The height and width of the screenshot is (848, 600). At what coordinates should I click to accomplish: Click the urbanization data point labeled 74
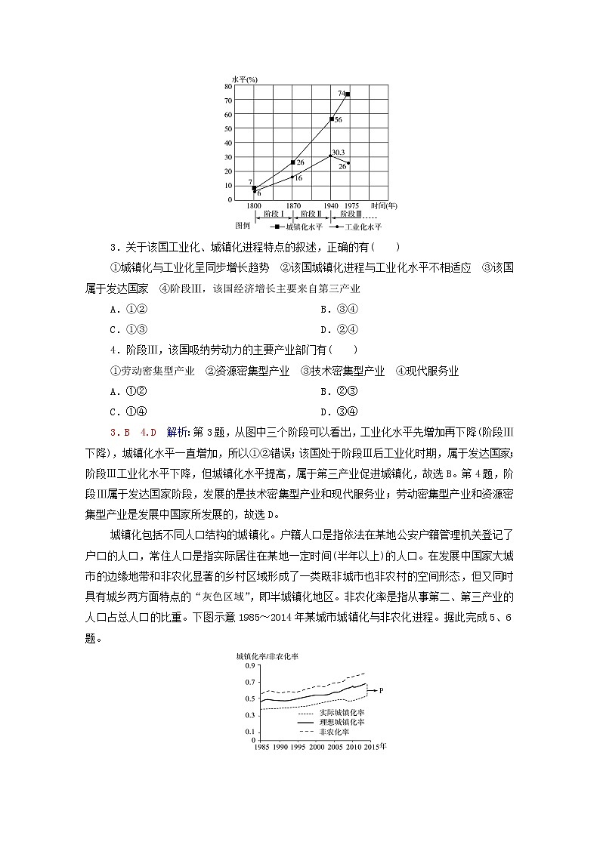(x=347, y=94)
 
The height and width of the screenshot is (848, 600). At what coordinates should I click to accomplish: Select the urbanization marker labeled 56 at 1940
(x=332, y=119)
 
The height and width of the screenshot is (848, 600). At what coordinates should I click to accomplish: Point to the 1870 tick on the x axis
(x=292, y=205)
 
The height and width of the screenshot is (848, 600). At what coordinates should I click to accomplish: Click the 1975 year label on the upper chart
(x=351, y=205)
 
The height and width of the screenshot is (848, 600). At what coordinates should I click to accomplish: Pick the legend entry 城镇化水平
(x=302, y=226)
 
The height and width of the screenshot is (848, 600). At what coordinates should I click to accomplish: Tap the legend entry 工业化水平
(x=363, y=226)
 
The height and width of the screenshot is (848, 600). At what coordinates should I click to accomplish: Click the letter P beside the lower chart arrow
(x=382, y=689)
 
